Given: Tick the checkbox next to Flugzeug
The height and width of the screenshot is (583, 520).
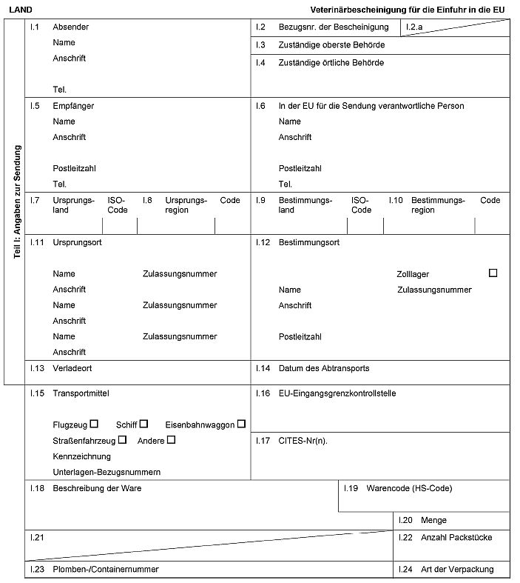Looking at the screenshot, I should (x=94, y=424).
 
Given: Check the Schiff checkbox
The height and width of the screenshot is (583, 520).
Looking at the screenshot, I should (x=143, y=424).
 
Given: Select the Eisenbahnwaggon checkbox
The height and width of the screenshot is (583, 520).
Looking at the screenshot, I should (x=241, y=424).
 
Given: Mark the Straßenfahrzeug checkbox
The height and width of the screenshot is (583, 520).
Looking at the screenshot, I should (x=122, y=439).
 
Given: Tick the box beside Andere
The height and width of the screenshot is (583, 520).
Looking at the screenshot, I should (x=171, y=439).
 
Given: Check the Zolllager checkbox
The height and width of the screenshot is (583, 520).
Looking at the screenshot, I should (x=493, y=273).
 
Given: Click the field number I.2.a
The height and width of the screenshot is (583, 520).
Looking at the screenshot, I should (x=414, y=27).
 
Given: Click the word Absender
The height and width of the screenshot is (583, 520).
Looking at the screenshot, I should (x=70, y=27).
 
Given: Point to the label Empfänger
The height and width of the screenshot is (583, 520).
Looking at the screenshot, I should (x=73, y=106).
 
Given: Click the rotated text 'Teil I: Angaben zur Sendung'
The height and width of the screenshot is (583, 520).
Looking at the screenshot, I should (x=17, y=201).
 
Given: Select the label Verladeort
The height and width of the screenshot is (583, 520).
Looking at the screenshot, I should (x=72, y=368).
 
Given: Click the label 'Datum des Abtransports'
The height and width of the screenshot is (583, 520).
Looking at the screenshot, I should (x=323, y=368).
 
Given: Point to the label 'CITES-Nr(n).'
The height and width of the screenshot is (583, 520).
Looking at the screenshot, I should (x=303, y=441).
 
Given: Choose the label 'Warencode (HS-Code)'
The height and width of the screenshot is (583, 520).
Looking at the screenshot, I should (x=409, y=488).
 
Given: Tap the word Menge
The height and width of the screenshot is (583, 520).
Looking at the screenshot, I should (x=433, y=521).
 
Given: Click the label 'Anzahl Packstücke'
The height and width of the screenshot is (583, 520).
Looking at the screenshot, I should (x=456, y=537).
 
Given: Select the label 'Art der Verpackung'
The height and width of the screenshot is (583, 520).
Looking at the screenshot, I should (x=457, y=570).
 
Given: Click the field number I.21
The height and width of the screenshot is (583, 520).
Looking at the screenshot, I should (x=37, y=537).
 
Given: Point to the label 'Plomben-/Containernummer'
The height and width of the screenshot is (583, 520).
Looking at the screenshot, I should (x=106, y=570).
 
